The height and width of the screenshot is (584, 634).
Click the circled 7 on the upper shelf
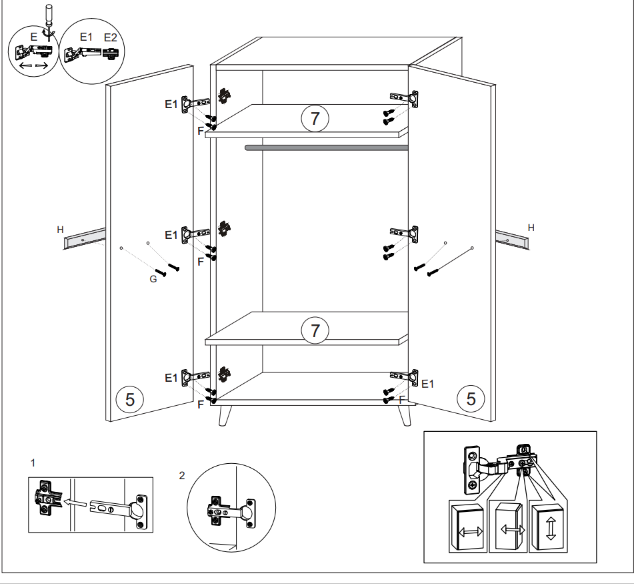pos(315,118)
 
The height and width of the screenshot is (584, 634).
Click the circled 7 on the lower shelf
pos(315,330)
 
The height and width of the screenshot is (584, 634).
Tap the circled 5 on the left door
pos(130,399)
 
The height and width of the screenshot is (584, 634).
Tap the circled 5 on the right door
pos(471,398)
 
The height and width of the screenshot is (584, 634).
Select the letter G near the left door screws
pos(153,279)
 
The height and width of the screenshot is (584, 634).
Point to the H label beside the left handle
pos(60,230)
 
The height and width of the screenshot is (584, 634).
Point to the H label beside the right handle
pos(531,228)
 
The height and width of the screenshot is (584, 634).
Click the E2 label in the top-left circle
pos(111,37)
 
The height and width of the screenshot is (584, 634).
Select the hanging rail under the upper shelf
pos(326,148)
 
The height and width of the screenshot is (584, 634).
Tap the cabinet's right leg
pos(405,415)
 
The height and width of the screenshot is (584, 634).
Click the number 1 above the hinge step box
pos(33,463)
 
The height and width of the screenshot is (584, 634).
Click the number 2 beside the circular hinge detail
pos(182,475)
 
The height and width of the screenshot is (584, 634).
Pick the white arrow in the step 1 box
pos(75,503)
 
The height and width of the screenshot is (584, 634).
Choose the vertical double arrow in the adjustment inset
pos(550,528)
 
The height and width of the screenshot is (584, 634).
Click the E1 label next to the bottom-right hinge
pos(427,384)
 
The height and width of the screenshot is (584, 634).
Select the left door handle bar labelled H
pos(84,239)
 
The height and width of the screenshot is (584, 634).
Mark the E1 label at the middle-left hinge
pos(171,235)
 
